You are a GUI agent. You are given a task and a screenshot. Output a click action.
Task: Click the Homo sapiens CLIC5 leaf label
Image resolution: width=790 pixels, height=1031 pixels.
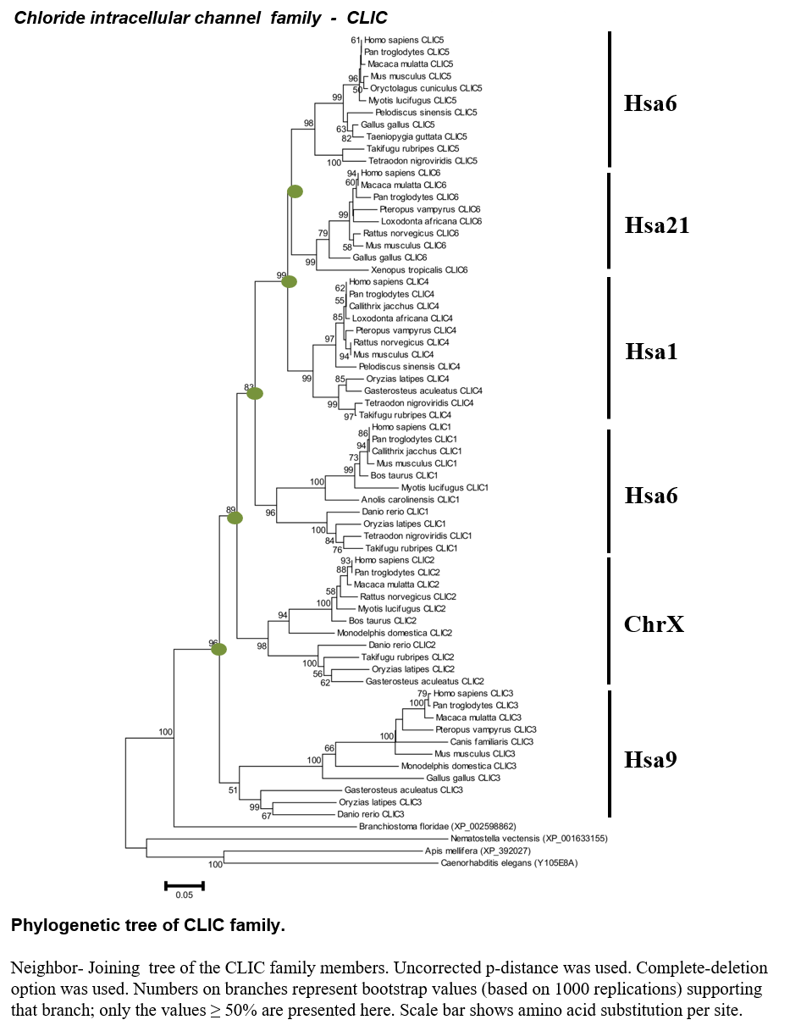point(404,40)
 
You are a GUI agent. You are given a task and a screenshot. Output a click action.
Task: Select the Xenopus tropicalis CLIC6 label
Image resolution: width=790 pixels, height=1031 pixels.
point(419,269)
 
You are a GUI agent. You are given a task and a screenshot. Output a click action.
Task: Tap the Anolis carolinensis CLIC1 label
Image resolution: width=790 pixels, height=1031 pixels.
point(410,499)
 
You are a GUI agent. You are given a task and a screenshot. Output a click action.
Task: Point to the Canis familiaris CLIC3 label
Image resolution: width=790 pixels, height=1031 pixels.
point(491,741)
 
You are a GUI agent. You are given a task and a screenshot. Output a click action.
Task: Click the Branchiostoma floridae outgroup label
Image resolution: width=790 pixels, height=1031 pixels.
point(437,826)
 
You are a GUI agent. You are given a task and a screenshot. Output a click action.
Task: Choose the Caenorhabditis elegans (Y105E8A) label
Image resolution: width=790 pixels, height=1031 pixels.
point(509,862)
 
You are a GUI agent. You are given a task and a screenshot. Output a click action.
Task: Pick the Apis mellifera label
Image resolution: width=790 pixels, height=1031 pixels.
point(478,851)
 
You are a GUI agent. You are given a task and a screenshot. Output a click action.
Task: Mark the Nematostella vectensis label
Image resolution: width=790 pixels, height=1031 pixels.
point(528,839)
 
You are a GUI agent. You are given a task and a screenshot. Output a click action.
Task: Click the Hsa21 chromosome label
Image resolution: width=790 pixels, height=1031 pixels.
point(656,224)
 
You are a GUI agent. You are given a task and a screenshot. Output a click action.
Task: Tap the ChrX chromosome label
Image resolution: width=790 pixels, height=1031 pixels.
point(654,624)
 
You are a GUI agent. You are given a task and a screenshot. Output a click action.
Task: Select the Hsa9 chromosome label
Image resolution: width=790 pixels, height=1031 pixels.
point(650,759)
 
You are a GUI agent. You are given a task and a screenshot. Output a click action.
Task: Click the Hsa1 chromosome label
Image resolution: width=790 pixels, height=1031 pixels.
point(651,351)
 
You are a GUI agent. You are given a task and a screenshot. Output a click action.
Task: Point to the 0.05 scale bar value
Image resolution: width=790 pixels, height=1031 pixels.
point(184,895)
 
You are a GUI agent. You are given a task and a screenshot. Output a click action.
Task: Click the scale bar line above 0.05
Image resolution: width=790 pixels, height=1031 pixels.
point(185,885)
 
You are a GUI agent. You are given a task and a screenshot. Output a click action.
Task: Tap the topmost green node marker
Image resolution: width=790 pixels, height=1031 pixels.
point(295,191)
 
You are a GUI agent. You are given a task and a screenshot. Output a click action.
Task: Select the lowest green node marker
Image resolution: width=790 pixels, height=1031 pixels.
point(218,649)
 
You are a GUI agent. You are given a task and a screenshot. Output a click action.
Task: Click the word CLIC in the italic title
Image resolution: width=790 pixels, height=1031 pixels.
point(367,18)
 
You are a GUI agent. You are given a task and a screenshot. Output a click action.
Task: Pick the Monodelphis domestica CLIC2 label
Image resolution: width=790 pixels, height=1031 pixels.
point(394,633)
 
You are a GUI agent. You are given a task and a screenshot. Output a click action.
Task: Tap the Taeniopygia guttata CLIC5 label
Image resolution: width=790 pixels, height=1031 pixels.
point(417,136)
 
